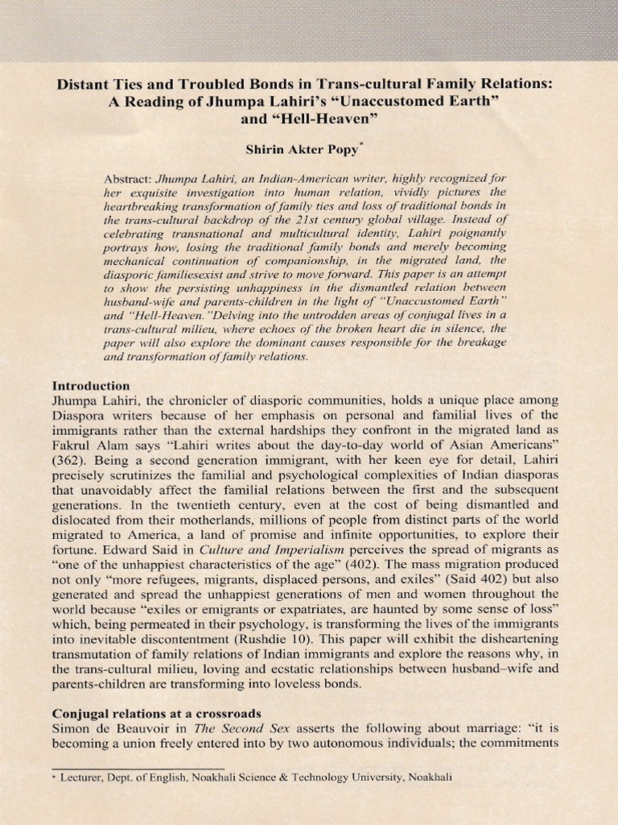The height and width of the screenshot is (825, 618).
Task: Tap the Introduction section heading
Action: tap(90, 385)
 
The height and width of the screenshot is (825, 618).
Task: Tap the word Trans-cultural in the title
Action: tap(360, 85)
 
